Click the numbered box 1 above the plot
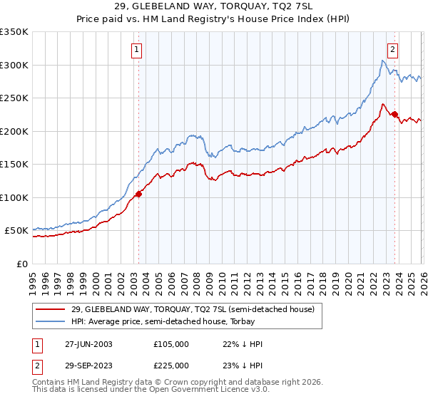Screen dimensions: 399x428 (136, 49)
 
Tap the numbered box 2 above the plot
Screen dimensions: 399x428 (392, 49)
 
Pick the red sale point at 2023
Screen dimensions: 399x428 (394, 114)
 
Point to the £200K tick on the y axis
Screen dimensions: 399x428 (14, 131)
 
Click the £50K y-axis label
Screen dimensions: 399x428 (16, 231)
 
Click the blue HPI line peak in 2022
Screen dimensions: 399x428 (383, 61)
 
